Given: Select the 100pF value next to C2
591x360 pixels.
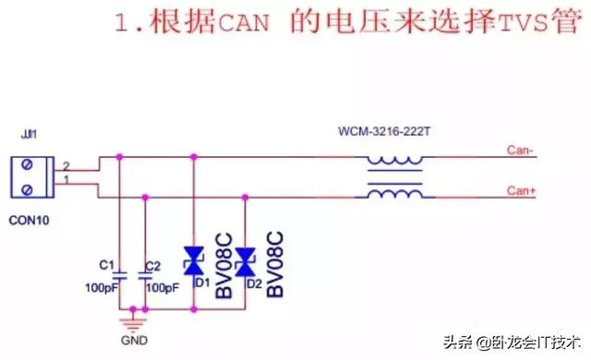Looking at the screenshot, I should (x=163, y=288).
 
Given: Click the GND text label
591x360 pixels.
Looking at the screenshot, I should (x=134, y=339).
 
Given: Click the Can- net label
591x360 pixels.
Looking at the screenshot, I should (x=520, y=150).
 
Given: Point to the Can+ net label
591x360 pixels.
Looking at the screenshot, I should (x=521, y=191).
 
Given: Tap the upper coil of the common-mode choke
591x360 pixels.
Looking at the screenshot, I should (x=395, y=161).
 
